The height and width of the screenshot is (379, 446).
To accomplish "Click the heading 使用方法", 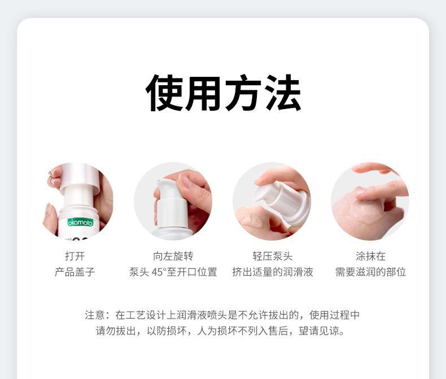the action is click(x=224, y=93).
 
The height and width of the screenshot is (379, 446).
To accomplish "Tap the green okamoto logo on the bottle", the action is click(x=80, y=222).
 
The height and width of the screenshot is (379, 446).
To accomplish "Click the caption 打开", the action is click(x=75, y=256).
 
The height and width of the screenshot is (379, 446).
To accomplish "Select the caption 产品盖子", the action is click(x=75, y=272).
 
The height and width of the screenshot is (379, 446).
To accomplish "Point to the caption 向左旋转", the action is click(x=173, y=256).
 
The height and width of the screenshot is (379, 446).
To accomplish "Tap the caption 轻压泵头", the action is click(x=273, y=256).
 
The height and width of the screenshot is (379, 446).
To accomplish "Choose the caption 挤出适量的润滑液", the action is click(x=273, y=272).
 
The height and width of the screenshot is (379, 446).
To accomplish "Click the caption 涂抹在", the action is click(x=370, y=256).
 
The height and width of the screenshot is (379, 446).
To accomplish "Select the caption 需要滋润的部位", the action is click(x=370, y=272).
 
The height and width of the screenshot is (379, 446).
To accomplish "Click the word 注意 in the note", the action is click(x=95, y=315).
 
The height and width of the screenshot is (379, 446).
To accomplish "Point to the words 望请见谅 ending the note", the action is click(x=319, y=330).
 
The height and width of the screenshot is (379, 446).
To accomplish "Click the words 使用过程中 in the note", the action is click(x=334, y=315).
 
